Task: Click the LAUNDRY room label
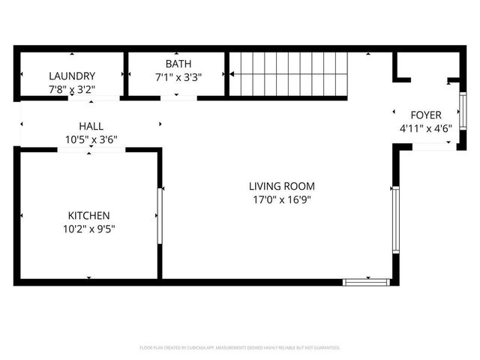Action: pos(72,76)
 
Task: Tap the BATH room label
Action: pos(178,64)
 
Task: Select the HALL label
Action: pos(91,126)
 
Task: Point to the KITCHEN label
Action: pos(88,214)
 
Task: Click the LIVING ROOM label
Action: pos(282,186)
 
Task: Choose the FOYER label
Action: pos(425,115)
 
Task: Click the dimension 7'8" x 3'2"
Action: pos(72,88)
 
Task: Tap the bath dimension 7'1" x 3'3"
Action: pos(178,76)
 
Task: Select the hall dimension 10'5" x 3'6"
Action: pos(91,139)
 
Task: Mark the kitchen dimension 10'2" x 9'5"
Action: pos(88,228)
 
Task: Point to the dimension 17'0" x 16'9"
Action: pos(282,199)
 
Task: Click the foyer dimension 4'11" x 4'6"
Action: pos(425,127)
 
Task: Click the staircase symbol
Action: pos(289,74)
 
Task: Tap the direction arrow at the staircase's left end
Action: pos(234,74)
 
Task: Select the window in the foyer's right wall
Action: pos(462,111)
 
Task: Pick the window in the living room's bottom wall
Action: pos(367,282)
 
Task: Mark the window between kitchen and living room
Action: pos(159,215)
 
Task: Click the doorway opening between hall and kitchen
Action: pos(91,150)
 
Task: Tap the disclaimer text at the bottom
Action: pos(240,348)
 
